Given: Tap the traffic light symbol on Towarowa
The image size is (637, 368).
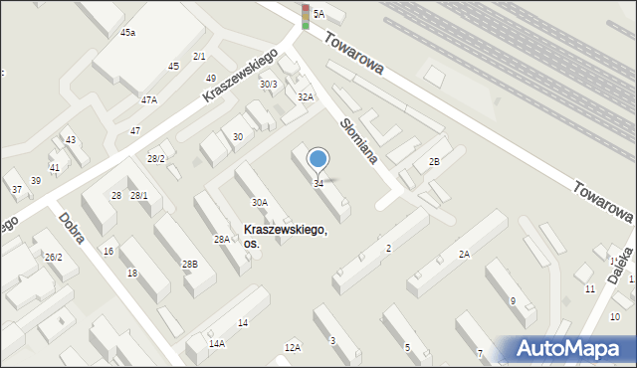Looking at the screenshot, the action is [x=306, y=17].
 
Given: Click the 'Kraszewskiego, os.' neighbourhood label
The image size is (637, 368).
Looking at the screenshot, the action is [x=284, y=237].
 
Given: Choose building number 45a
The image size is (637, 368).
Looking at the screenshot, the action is [x=127, y=33].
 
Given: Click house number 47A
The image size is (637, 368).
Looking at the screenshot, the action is [x=149, y=99].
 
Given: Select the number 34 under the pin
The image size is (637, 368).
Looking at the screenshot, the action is [x=318, y=184].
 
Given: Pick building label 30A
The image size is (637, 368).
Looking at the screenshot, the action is [x=259, y=202].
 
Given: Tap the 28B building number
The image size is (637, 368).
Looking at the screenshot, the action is [x=189, y=264].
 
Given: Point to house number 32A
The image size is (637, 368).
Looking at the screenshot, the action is [x=306, y=96].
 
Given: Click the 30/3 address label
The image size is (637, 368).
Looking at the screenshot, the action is [x=268, y=85].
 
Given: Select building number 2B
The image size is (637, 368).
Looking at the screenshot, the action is [x=433, y=161].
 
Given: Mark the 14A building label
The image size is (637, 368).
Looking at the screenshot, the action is [x=216, y=343].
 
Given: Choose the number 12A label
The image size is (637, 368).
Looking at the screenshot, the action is [x=292, y=347].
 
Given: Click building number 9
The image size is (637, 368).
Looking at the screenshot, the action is [x=513, y=300].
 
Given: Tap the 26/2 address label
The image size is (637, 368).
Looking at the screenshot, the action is [x=53, y=257].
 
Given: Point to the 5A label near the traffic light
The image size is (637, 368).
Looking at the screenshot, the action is [x=318, y=14].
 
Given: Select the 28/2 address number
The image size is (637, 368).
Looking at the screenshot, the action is [x=156, y=159].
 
